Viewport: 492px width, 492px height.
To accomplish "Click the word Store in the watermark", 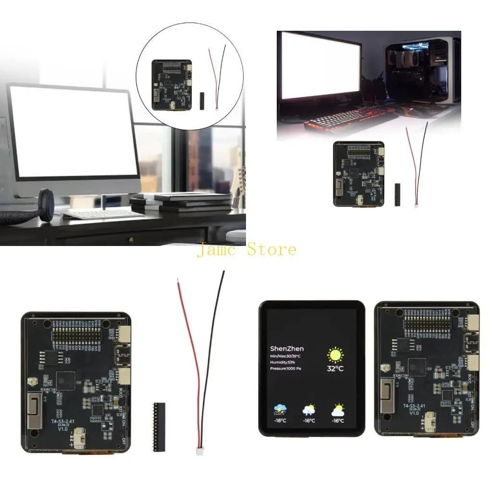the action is click(272, 250).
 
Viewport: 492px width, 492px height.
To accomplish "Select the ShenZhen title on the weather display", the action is click(287, 348).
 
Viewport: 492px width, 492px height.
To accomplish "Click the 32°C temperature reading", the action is click(335, 369).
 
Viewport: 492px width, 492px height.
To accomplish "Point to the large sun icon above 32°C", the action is click(335, 355).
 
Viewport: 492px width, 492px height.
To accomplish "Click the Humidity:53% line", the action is click(283, 362).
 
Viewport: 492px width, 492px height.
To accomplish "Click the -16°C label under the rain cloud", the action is click(280, 421).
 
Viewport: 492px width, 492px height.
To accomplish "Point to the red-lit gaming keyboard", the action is click(346, 118).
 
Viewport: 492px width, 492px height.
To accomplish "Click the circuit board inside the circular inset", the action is click(172, 85).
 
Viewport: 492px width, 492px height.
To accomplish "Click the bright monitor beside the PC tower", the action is click(320, 65).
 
